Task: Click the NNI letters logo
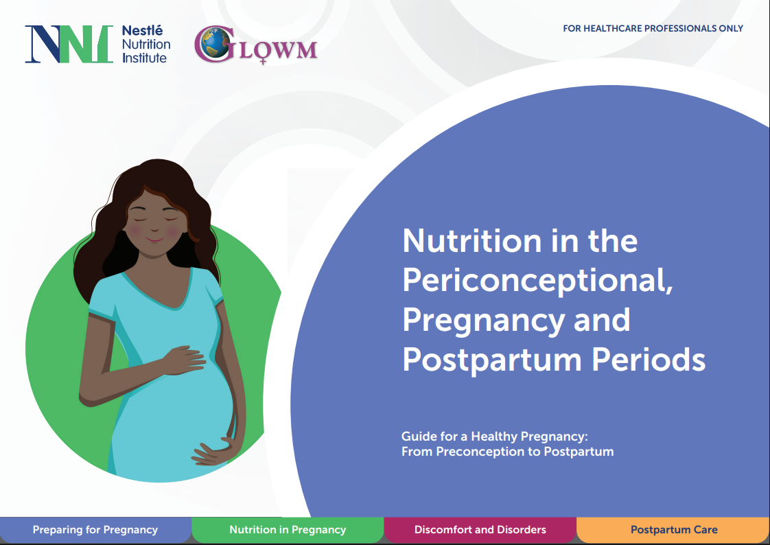click(69, 44)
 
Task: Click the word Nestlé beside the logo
click(142, 30)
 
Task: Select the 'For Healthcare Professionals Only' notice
click(653, 28)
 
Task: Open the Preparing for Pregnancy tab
click(95, 530)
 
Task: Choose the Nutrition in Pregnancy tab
click(288, 530)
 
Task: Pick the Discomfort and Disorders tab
click(480, 530)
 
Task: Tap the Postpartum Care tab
click(674, 530)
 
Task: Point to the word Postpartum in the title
click(492, 361)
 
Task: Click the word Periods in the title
click(649, 360)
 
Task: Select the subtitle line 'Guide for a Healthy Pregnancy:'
click(495, 437)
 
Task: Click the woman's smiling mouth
click(154, 240)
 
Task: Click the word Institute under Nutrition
click(144, 58)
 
